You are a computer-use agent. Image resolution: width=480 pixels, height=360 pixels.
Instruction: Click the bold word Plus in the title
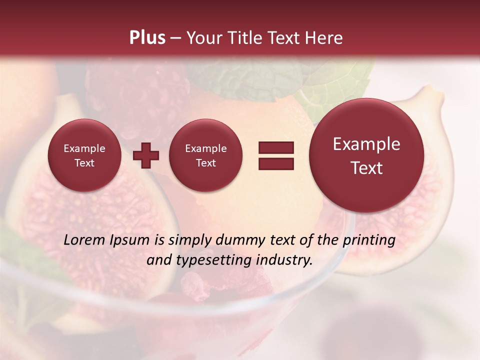coord(147,38)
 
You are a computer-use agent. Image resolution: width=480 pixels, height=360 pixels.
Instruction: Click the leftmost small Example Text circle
coord(84,155)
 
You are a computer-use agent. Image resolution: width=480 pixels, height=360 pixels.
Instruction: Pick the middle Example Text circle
coord(205,155)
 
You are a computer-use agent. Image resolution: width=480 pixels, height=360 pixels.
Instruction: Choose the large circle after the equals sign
coord(366,155)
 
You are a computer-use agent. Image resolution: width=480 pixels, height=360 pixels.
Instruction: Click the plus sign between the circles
coord(145,155)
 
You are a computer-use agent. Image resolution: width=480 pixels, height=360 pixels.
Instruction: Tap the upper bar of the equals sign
coord(275,147)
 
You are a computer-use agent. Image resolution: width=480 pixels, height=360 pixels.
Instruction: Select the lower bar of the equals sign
coord(275,163)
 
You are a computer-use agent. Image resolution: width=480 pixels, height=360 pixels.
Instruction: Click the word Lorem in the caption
coord(84,240)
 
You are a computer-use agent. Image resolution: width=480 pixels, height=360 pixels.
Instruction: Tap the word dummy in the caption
coord(238,240)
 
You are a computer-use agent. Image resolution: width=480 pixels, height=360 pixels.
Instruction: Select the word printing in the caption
coord(368,240)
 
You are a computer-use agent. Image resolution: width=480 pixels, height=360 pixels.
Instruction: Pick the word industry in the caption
coord(285,260)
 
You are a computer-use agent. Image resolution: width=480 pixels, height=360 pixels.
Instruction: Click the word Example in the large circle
coord(366,144)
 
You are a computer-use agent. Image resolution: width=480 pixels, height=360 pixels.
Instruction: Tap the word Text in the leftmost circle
coord(84,163)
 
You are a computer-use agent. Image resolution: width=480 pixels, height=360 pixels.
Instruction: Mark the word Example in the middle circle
coord(205,148)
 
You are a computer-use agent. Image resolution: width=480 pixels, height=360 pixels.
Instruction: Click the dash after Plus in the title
coord(175,38)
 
